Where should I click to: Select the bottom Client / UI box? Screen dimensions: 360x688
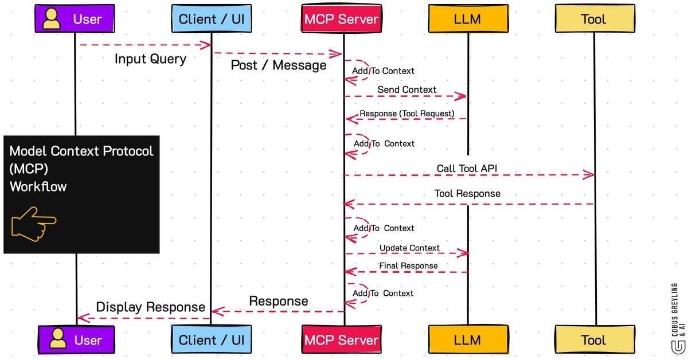pyautogui.click(x=211, y=340)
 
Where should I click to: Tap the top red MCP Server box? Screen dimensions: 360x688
pyautogui.click(x=342, y=19)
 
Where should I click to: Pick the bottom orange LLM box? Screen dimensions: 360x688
pyautogui.click(x=467, y=340)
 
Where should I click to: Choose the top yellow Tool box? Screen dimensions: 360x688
pyautogui.click(x=593, y=19)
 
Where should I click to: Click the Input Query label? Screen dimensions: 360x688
pyautogui.click(x=150, y=59)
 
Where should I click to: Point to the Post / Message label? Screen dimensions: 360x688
pyautogui.click(x=278, y=65)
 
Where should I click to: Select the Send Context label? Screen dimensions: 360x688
pyautogui.click(x=406, y=89)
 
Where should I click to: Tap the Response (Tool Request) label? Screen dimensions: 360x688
pyautogui.click(x=406, y=114)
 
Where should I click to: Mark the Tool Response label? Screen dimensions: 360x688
pyautogui.click(x=467, y=194)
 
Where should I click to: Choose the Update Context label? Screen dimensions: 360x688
pyautogui.click(x=409, y=248)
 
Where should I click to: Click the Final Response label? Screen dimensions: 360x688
pyautogui.click(x=408, y=266)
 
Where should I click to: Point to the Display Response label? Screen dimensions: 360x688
pyautogui.click(x=150, y=307)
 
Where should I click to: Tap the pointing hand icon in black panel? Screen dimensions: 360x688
pyautogui.click(x=33, y=224)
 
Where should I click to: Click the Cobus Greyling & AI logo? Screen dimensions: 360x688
pyautogui.click(x=678, y=316)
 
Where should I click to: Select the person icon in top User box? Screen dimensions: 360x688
pyautogui.click(x=52, y=19)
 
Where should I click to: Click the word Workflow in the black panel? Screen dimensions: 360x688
pyautogui.click(x=38, y=186)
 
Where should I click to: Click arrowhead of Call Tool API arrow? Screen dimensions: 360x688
pyautogui.click(x=589, y=175)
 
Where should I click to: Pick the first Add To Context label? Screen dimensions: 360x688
pyautogui.click(x=383, y=71)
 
